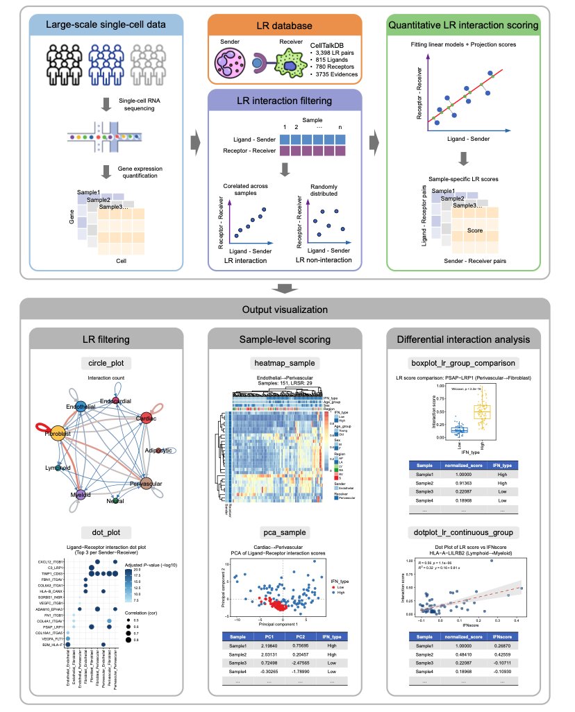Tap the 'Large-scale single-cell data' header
106,26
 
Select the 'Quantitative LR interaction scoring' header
465,26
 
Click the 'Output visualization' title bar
286,309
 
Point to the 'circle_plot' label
106,363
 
